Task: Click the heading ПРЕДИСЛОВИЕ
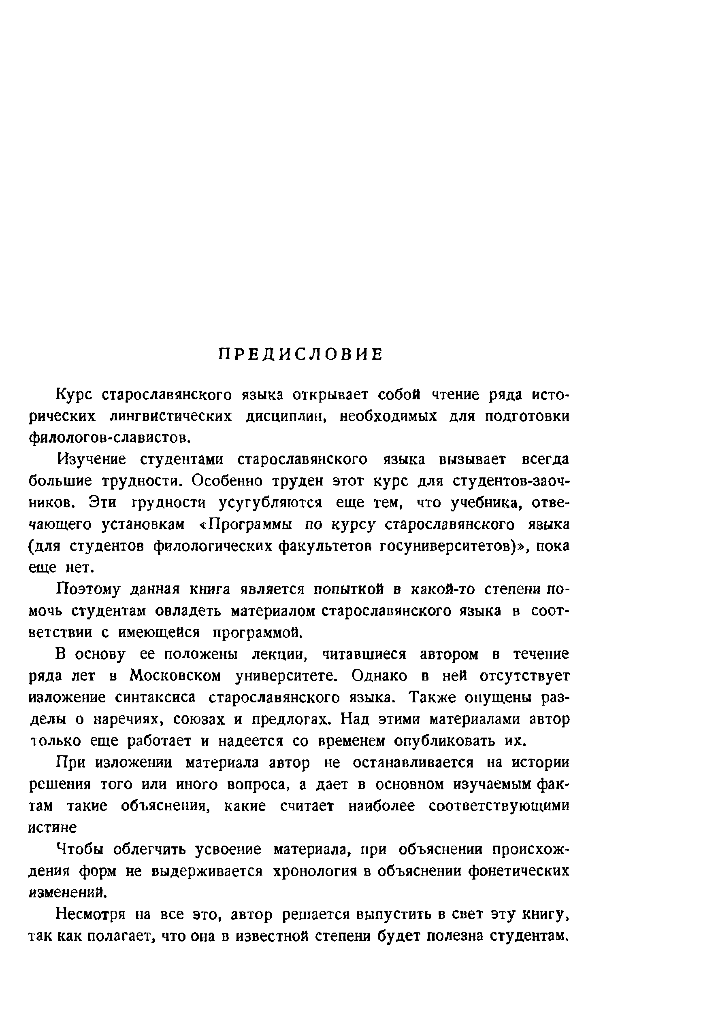pos(301,354)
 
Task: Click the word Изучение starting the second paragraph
pos(92,460)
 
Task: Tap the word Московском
pos(175,676)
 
